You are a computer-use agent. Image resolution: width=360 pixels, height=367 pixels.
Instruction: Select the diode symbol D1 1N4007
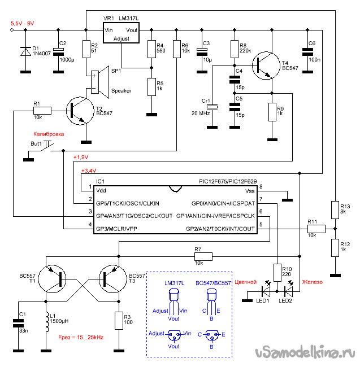coord(25,51)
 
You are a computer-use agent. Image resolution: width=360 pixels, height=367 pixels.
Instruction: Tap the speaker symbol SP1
coord(100,82)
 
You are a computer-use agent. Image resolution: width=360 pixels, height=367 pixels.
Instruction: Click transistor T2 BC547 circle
coord(80,111)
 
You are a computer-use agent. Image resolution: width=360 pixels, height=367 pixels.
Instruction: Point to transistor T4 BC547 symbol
coord(266,65)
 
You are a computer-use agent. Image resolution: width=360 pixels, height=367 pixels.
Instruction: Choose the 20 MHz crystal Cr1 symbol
coord(212,107)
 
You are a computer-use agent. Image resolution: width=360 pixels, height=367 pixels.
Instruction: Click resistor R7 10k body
coord(203,256)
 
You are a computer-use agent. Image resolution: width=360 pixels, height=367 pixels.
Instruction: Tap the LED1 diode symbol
coord(266,291)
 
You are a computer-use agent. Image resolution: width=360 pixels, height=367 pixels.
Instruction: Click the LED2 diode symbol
coord(288,291)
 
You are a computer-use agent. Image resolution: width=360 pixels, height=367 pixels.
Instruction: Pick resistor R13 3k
coord(335,210)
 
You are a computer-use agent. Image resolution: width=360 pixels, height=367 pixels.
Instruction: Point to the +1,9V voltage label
coord(81,158)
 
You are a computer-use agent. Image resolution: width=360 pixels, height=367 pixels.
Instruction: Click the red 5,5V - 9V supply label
coord(23,23)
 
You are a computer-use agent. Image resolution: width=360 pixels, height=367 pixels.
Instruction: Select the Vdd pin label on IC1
coord(101,190)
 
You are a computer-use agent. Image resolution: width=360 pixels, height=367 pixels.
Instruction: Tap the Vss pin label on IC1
coord(250,191)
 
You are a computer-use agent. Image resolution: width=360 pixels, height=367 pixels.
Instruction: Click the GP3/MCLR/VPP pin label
coord(116,229)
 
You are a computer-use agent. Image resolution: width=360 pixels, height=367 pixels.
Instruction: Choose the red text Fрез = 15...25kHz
coord(81,337)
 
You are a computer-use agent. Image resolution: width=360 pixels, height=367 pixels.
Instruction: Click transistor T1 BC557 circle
coord(52,279)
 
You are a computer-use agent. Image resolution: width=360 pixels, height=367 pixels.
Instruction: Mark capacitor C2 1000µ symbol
coord(58,52)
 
